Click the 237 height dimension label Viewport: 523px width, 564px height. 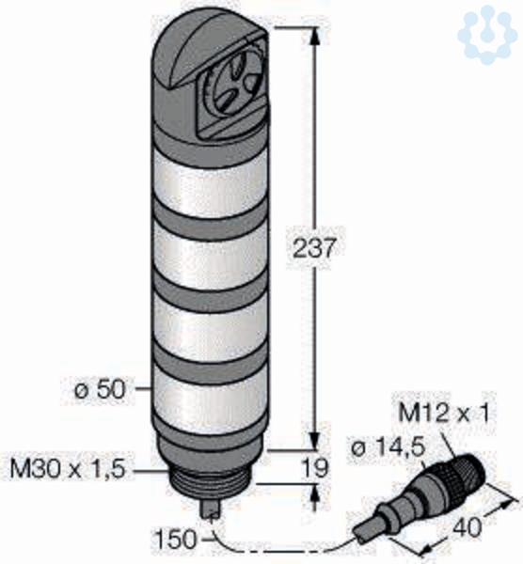tap(313, 248)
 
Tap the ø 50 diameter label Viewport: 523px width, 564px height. tap(101, 389)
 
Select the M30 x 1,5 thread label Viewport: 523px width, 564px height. tap(69, 469)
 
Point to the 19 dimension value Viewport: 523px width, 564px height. tap(316, 468)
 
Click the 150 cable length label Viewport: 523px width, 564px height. tap(177, 539)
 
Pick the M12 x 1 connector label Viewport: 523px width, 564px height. tap(444, 413)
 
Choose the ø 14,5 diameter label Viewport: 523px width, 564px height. tap(388, 447)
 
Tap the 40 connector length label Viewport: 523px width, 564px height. tap(467, 527)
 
